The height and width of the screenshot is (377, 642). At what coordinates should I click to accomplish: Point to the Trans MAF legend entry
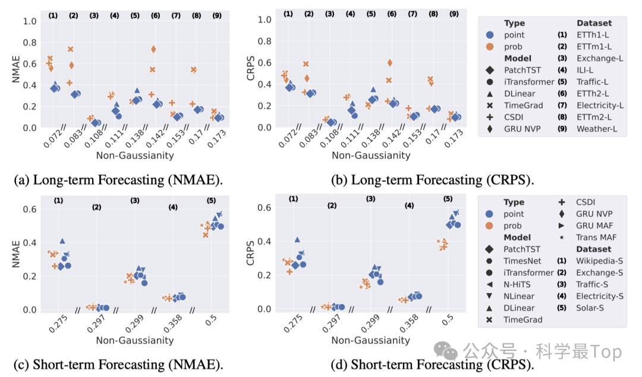[x=597, y=237]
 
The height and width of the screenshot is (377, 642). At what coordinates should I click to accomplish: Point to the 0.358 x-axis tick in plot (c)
[x=169, y=323]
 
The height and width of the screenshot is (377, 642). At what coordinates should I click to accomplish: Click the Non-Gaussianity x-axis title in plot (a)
[x=135, y=155]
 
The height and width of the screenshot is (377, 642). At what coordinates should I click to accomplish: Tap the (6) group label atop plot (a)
[x=155, y=15]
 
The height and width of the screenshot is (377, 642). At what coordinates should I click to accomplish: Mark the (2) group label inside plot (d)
[x=332, y=207]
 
